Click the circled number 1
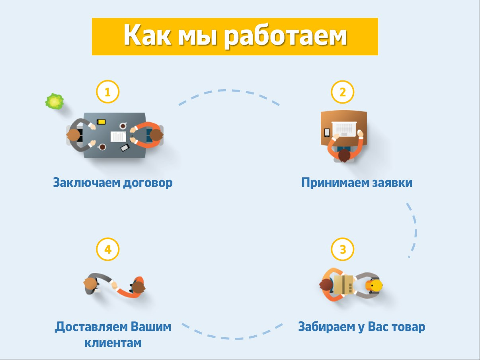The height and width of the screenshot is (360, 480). [107, 92]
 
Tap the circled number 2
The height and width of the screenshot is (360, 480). [342, 92]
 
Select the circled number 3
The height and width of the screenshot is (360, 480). [342, 250]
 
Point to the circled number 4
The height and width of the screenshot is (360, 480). [107, 250]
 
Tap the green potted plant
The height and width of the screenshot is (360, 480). [54, 101]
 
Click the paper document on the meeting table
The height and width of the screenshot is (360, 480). [118, 137]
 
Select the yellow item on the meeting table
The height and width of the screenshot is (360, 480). [101, 121]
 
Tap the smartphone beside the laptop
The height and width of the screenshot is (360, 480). [327, 132]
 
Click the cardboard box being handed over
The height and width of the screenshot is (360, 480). [343, 284]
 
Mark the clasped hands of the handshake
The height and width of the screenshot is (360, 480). [115, 285]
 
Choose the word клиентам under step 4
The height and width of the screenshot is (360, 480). [113, 342]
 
